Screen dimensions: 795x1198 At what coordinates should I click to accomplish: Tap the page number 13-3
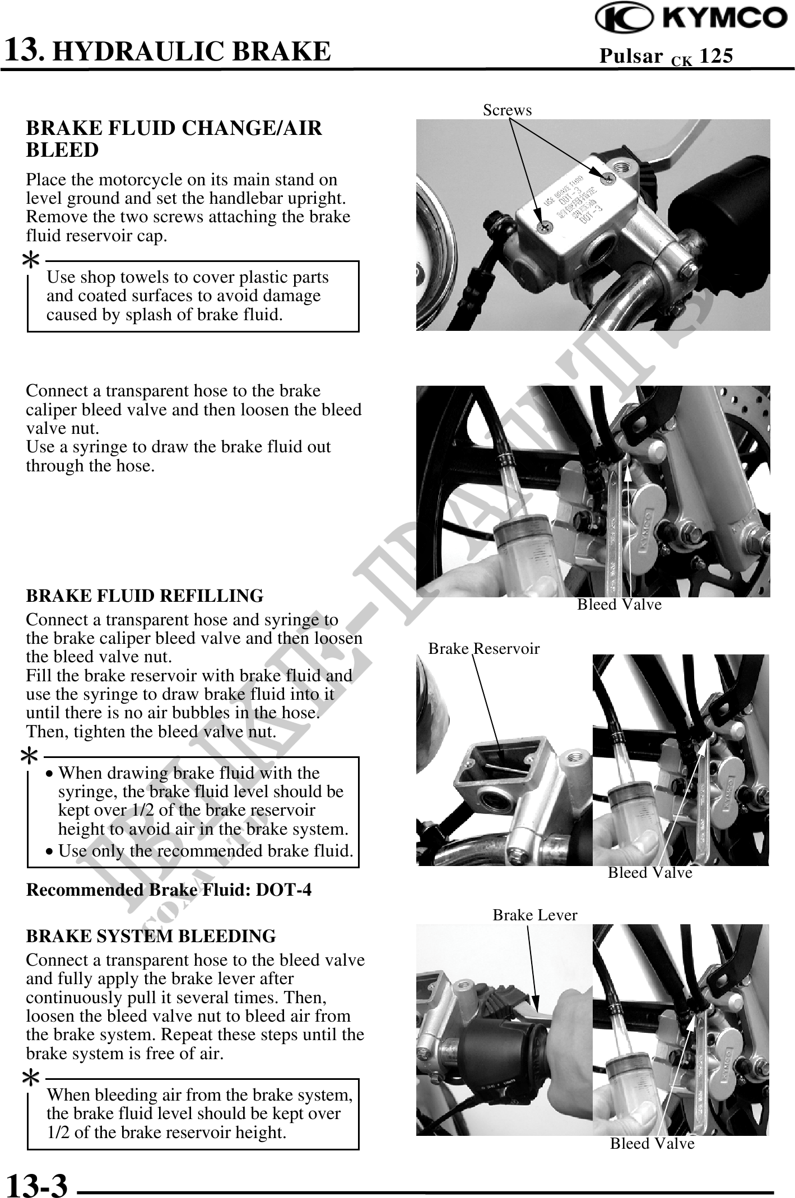tap(36, 1183)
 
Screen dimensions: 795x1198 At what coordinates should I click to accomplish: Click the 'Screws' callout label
tap(508, 110)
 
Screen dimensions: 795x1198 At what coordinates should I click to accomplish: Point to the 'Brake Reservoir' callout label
tap(484, 649)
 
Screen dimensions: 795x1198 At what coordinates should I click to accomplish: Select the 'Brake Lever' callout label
tap(535, 915)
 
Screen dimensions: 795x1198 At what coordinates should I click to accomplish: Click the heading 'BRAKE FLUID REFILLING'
tap(145, 596)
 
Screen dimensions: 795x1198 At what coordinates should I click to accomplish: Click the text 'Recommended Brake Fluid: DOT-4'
tap(169, 890)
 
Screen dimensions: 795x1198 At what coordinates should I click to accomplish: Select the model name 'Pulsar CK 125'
tap(666, 57)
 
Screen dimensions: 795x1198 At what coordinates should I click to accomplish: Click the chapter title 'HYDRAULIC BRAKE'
tap(194, 51)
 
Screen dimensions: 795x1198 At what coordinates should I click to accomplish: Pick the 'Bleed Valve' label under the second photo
tap(620, 605)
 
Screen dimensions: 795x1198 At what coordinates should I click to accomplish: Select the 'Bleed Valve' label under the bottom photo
tap(652, 1143)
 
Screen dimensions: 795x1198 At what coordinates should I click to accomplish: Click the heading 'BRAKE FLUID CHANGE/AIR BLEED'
tap(174, 139)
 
